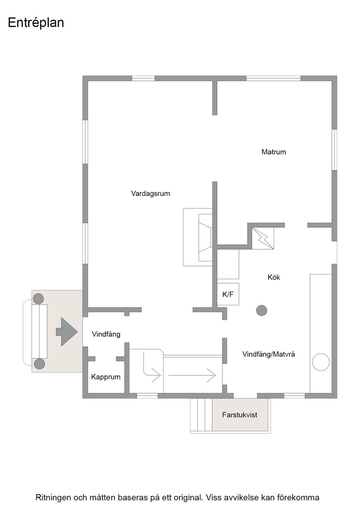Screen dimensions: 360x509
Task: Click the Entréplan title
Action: point(36,23)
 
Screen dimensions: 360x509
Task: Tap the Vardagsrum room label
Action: point(150,194)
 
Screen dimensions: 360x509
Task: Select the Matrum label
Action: point(274,152)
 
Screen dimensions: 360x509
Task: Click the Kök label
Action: point(274,277)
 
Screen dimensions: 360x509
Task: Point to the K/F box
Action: point(228,294)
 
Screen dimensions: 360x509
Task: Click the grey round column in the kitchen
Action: point(262,311)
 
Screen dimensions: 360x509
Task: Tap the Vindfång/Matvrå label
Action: point(269,354)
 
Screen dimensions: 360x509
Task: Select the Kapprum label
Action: point(106,377)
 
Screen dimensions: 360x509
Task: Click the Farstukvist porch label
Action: point(240,414)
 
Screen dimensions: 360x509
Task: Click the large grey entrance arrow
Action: point(67,332)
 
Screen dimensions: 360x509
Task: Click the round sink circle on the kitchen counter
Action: point(321,362)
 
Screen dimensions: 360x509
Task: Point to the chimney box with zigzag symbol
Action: point(263,238)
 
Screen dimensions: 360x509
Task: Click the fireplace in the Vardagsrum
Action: point(198,237)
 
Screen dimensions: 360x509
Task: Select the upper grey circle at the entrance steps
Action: point(39,299)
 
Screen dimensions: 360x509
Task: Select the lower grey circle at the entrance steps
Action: point(40,364)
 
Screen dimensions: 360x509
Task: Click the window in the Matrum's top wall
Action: point(274,78)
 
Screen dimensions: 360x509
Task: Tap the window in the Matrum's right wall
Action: point(335,150)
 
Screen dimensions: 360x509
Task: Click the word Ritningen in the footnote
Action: point(53,498)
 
